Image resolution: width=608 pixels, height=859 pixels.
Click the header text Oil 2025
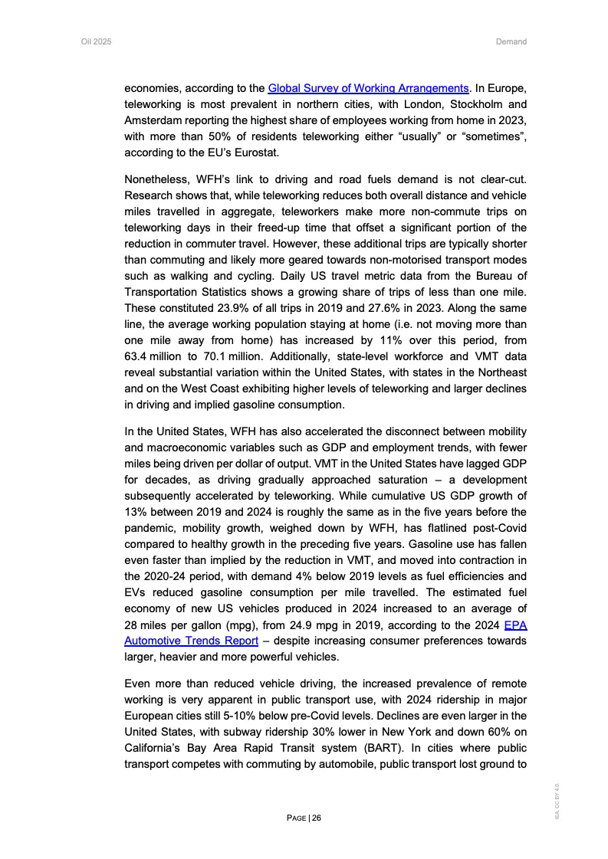(97, 41)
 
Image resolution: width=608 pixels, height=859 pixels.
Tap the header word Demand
(511, 41)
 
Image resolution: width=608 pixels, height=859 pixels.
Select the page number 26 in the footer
(317, 818)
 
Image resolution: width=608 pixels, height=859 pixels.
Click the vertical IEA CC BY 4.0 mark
(562, 801)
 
